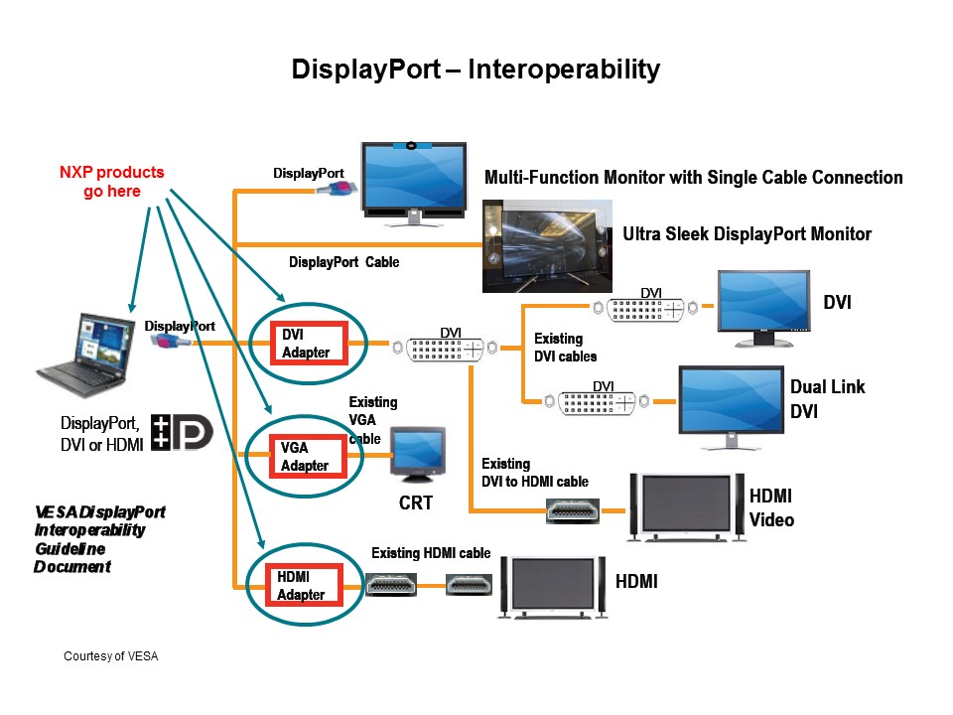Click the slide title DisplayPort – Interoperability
[x=476, y=70]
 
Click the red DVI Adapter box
[x=307, y=344]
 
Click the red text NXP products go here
[x=111, y=182]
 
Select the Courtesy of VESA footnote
[x=111, y=656]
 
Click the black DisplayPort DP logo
[x=183, y=433]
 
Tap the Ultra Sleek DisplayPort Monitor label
[x=747, y=235]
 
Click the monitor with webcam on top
[x=413, y=183]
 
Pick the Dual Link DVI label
[x=826, y=398]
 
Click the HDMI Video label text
[x=771, y=507]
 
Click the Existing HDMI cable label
[x=431, y=553]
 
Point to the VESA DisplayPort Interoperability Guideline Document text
[x=99, y=539]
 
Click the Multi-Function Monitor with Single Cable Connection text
[x=693, y=178]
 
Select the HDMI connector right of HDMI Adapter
[x=394, y=585]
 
